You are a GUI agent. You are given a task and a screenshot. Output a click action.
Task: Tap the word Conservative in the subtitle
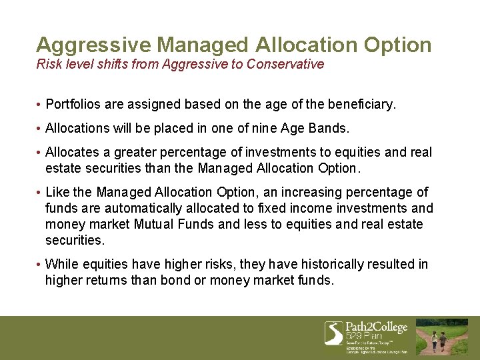click(285, 64)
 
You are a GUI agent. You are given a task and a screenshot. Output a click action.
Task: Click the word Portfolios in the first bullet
click(76, 105)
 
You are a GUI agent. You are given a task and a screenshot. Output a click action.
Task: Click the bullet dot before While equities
click(39, 265)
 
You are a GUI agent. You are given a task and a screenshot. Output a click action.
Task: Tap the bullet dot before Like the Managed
click(39, 193)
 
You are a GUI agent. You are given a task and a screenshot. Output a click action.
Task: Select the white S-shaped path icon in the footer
click(333, 332)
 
